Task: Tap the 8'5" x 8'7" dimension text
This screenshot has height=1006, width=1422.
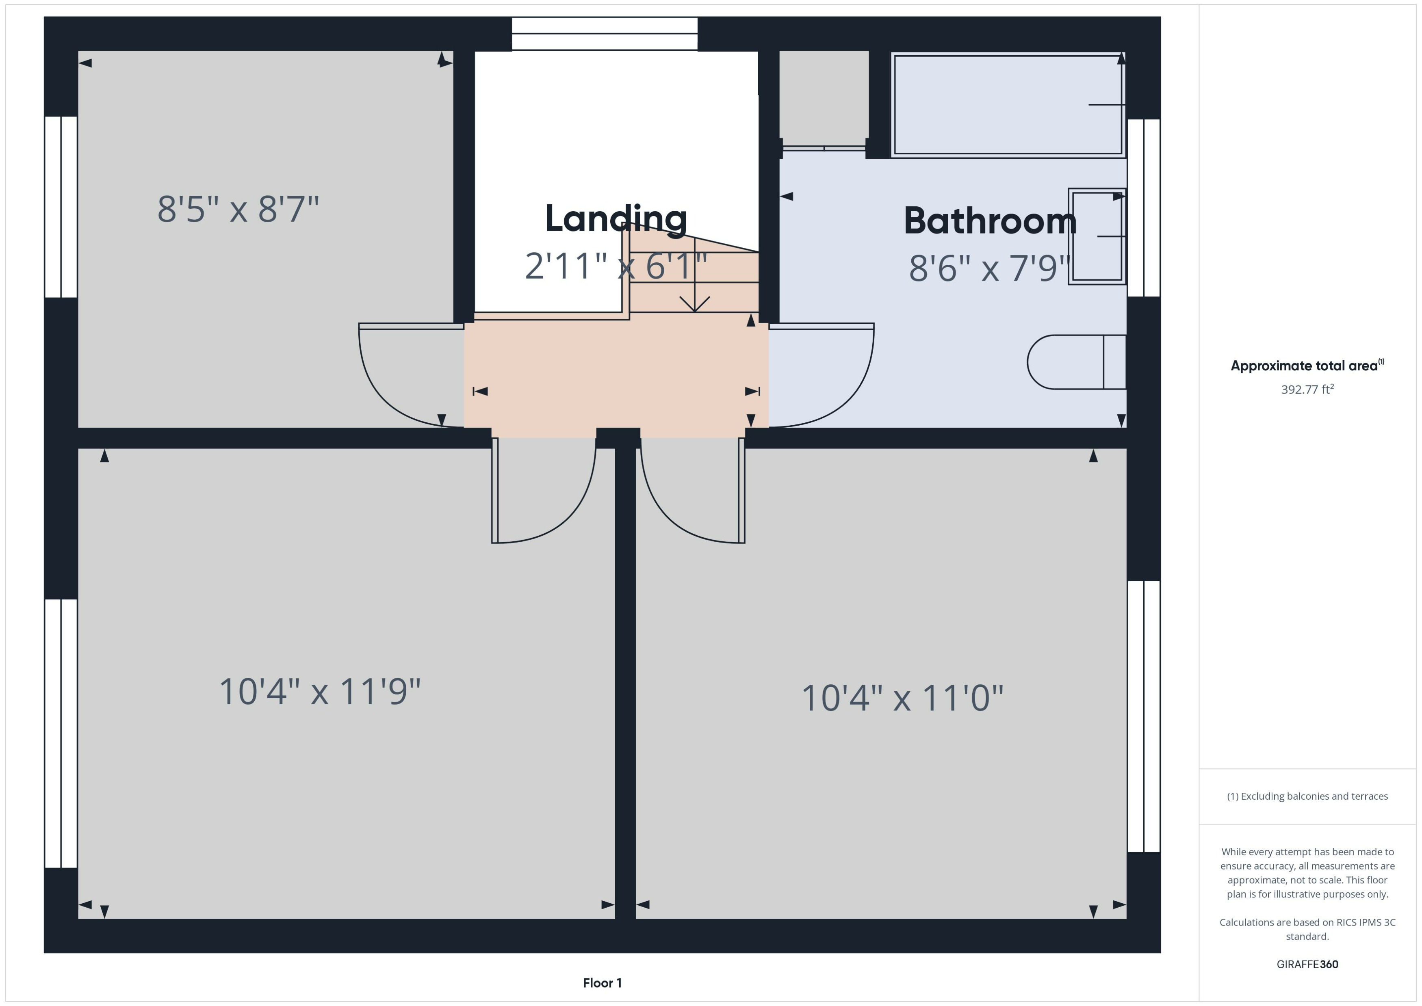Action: tap(238, 210)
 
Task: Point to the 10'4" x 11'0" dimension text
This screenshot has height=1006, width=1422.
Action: tap(902, 698)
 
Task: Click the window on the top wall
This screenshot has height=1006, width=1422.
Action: tap(604, 33)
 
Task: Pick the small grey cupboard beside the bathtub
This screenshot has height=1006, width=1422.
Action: tap(824, 98)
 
